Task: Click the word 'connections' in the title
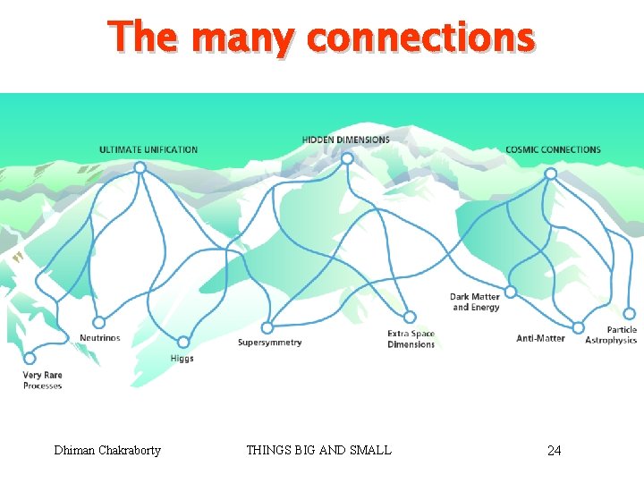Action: click(420, 38)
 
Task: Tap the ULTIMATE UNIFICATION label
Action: click(148, 149)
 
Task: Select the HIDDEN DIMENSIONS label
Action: click(346, 140)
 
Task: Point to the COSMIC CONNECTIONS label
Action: click(553, 149)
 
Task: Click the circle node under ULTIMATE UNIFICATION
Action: click(140, 167)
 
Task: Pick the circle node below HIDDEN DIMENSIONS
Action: click(347, 159)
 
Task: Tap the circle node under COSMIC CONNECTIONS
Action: click(551, 174)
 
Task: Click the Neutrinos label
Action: click(99, 338)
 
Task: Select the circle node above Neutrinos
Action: click(98, 322)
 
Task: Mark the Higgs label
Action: click(182, 359)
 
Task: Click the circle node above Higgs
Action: click(182, 342)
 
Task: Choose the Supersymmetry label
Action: click(270, 343)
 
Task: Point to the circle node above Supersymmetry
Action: click(267, 327)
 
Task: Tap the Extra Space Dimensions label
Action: click(411, 339)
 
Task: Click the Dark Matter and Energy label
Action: click(475, 302)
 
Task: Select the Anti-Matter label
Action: click(541, 338)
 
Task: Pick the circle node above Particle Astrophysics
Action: click(629, 313)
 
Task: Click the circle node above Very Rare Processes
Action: click(30, 358)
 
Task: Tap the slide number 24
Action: click(554, 450)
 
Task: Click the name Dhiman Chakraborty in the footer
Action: click(107, 450)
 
